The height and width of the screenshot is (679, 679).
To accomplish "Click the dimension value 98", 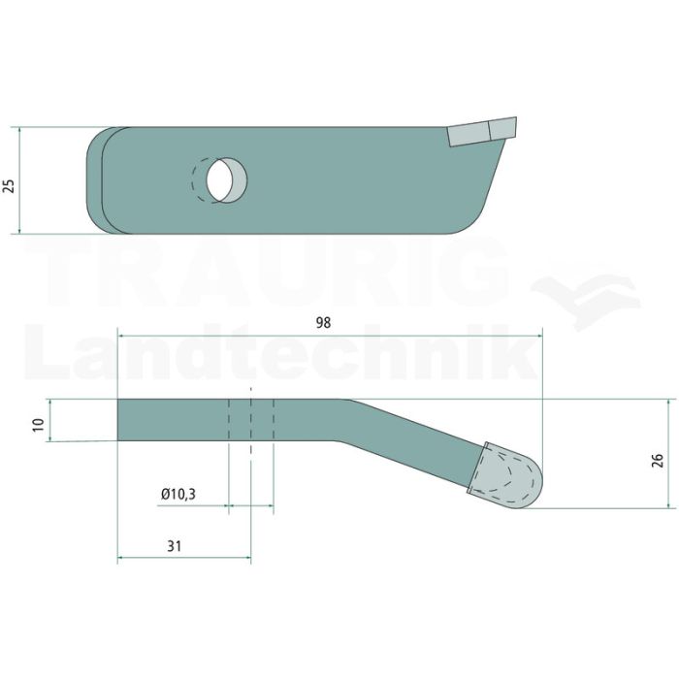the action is tap(323, 323).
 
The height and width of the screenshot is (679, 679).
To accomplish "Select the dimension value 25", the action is tap(9, 185).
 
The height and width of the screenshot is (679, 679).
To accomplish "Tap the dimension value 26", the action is tap(658, 460).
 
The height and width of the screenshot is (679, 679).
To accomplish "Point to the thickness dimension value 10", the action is tap(39, 425).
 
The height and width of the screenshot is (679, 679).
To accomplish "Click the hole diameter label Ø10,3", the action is tap(178, 494).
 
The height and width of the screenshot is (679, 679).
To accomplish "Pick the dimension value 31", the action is tap(174, 546).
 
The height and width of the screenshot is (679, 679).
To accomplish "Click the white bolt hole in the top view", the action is tap(219, 179).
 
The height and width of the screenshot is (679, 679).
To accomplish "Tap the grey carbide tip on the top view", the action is tap(482, 132).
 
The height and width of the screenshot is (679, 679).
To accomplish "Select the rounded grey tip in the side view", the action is tap(505, 475).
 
